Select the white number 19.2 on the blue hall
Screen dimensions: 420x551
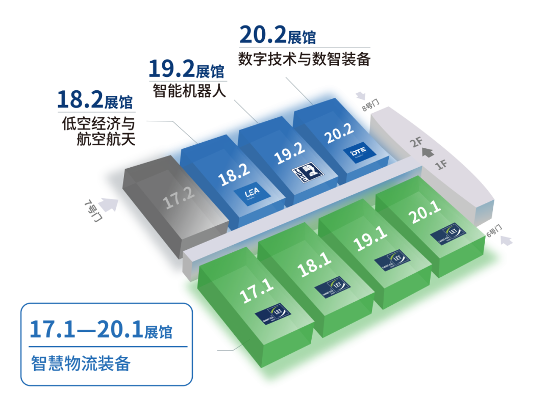point(289,153)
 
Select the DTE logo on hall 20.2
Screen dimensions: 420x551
point(360,152)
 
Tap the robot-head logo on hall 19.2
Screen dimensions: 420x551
point(305,176)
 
